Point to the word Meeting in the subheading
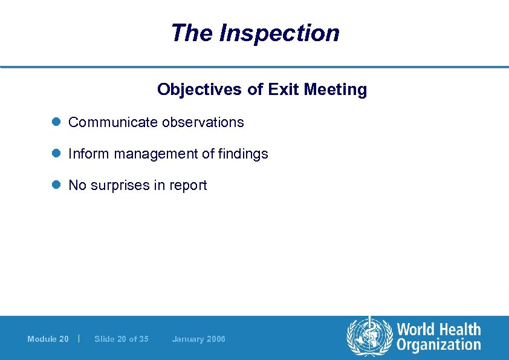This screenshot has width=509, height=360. coord(336,90)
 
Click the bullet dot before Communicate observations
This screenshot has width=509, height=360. coord(56,122)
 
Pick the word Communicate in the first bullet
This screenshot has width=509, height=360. coord(112,122)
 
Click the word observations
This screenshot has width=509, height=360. coord(203,122)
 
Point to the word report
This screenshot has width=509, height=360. coord(188,186)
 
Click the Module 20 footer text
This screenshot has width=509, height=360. coord(48,339)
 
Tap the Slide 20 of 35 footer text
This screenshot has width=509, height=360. coord(122,339)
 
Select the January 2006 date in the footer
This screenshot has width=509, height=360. coord(198,339)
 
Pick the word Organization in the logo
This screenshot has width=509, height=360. coord(438,345)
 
